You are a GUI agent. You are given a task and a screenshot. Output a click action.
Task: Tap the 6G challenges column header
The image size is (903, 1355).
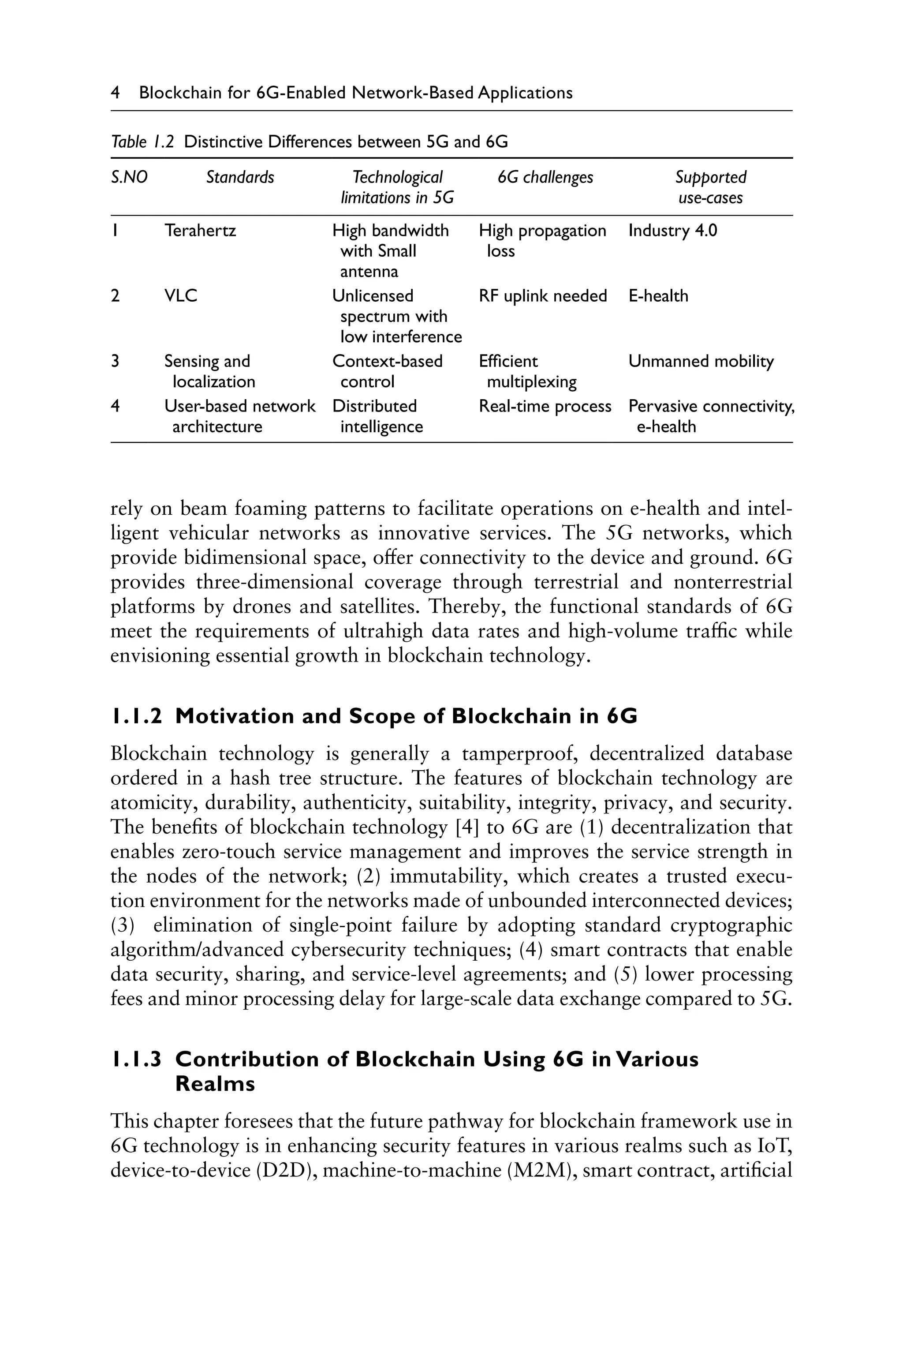click(x=545, y=177)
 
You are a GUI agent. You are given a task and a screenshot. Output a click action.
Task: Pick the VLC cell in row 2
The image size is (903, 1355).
click(x=180, y=296)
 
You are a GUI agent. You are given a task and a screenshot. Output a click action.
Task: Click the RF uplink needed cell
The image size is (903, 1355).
click(x=542, y=296)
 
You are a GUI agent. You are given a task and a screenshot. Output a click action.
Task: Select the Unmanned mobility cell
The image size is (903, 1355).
click(x=701, y=362)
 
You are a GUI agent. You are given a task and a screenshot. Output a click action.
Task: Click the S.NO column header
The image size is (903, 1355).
click(x=129, y=177)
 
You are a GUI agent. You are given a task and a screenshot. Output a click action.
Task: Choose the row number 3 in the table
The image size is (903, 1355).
click(x=115, y=362)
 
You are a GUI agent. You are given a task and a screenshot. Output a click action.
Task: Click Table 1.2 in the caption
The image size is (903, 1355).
click(x=142, y=142)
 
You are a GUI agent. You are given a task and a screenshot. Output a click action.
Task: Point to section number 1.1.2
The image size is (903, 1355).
click(x=137, y=717)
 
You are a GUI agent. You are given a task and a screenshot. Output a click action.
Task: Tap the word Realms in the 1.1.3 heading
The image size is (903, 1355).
click(x=215, y=1084)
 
